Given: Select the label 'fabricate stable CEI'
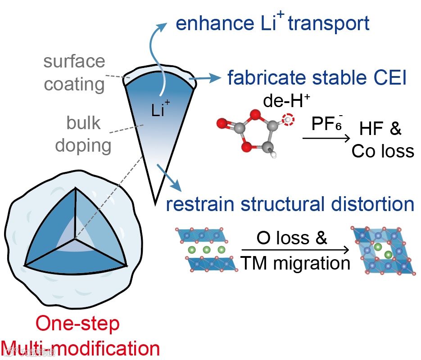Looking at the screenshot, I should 317,78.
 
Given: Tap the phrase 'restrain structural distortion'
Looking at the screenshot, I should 290,204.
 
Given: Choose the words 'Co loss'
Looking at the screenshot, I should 383,151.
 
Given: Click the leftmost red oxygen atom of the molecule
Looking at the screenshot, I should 221,122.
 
